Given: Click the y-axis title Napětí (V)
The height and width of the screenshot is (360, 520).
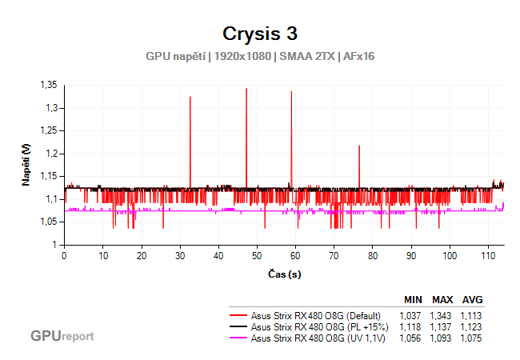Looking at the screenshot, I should click(x=26, y=164).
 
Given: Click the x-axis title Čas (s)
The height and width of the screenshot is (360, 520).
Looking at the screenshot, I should click(x=285, y=274).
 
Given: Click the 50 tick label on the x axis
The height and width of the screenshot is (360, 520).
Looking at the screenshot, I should click(x=258, y=256).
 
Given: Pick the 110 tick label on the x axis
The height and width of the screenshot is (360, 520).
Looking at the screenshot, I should click(x=488, y=256).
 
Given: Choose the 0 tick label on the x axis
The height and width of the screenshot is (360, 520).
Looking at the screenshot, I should click(x=64, y=256).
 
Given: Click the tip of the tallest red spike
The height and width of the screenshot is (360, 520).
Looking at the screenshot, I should click(x=246, y=89).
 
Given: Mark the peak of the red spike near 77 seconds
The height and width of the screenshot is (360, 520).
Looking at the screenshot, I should click(x=359, y=146).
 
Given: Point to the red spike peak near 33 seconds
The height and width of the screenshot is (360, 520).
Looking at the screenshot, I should click(x=190, y=97).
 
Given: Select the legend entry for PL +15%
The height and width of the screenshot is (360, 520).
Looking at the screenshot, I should click(x=319, y=327).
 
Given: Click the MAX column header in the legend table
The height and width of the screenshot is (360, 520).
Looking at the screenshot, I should click(x=442, y=300).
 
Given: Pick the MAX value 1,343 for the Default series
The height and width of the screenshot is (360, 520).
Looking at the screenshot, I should click(x=442, y=316).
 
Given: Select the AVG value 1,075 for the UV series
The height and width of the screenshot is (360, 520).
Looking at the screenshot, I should click(x=471, y=338).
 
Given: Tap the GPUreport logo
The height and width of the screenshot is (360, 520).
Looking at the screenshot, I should click(x=62, y=336).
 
